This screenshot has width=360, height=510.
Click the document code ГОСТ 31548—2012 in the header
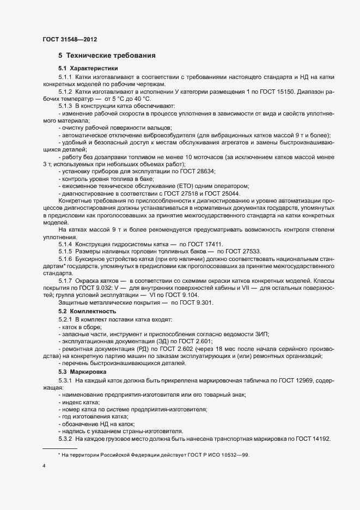70,40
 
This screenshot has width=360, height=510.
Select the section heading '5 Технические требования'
107,56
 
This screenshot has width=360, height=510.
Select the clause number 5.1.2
65,93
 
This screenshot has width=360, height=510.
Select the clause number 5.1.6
65,259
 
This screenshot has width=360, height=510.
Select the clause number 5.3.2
65,439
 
